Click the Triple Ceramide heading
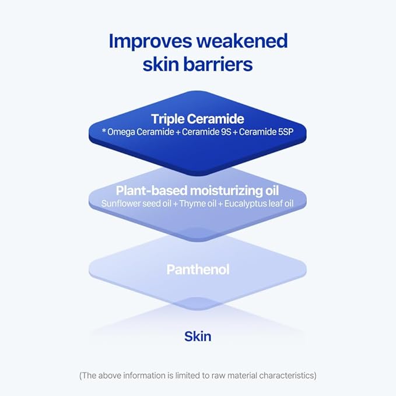(x=198, y=119)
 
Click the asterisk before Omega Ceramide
(x=104, y=132)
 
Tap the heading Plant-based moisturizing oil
(x=197, y=191)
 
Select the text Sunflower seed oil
(x=134, y=204)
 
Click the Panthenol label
(x=198, y=269)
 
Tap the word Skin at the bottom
(x=198, y=336)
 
